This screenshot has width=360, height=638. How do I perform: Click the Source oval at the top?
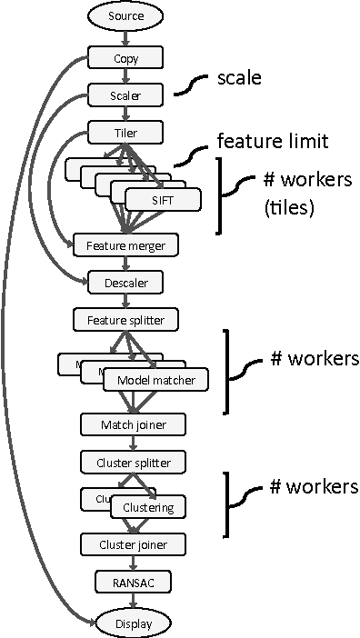coord(126,15)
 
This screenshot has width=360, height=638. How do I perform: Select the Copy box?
coord(126,59)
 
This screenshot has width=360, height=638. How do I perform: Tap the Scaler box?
coord(126,95)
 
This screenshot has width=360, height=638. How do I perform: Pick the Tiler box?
coord(126,132)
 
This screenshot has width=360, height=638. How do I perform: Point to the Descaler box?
coord(126,283)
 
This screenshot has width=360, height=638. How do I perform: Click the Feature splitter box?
coord(126,319)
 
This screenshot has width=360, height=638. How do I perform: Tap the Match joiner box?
coord(134,424)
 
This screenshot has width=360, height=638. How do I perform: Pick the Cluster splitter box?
coord(134,462)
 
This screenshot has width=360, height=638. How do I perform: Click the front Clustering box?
coord(148,507)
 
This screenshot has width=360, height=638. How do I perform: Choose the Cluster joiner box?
coord(134,543)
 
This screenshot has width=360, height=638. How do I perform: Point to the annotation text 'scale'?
coord(239,78)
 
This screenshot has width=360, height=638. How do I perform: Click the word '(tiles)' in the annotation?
coord(289,209)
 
